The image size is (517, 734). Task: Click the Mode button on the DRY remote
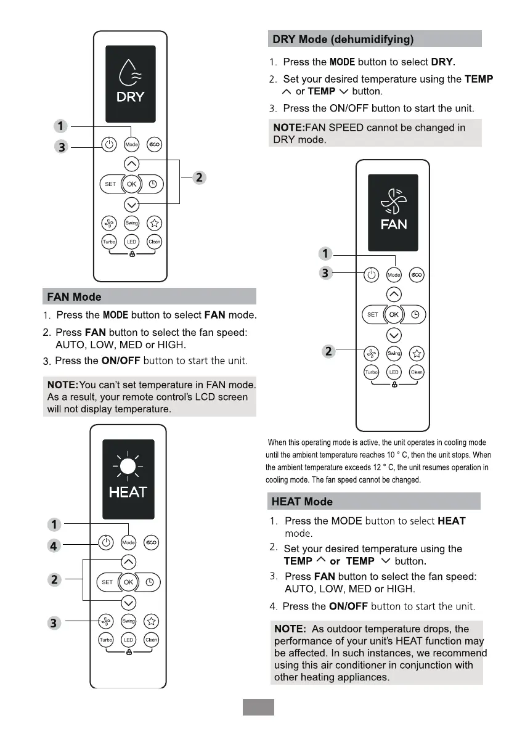[x=131, y=144]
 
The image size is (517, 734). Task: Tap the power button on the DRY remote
[x=108, y=144]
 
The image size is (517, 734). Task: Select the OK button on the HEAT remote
[x=128, y=582]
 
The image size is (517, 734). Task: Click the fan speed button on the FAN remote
[x=371, y=353]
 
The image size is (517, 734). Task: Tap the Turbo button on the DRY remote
[x=109, y=242]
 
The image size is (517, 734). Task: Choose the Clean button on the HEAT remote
[x=151, y=640]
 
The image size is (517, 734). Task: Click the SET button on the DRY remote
[x=110, y=184]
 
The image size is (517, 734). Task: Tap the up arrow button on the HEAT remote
[x=128, y=561]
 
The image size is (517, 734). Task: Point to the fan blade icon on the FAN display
[x=393, y=200]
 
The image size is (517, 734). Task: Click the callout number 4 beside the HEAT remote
[x=55, y=545]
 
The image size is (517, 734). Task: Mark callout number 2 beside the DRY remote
[x=198, y=178]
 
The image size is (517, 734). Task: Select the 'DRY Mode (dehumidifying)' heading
[x=343, y=39]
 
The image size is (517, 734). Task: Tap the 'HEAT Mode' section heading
[x=302, y=502]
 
